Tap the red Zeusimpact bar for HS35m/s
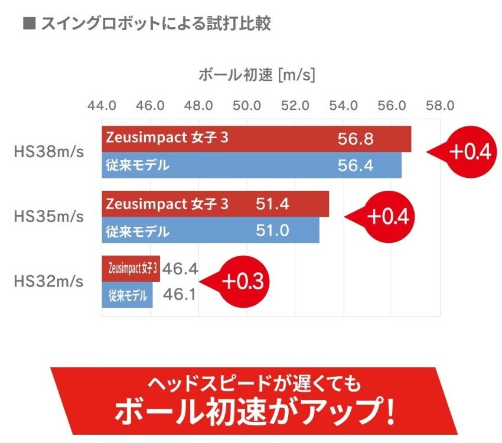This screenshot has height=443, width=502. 215,204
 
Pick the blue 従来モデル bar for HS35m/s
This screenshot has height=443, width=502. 210,230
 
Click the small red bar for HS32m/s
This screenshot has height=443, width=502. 131,269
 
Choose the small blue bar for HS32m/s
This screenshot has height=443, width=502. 127,294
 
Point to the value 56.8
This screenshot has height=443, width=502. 356,139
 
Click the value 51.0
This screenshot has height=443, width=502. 273,230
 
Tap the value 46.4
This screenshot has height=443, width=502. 180,269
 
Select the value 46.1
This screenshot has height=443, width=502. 180,294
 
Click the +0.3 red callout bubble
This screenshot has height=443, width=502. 243,282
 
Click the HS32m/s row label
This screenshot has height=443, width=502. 48,281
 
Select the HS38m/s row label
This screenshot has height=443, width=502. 48,152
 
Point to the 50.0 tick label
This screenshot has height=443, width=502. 247,106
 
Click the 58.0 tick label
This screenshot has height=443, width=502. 440,106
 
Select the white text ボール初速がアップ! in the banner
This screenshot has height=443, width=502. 254,412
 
